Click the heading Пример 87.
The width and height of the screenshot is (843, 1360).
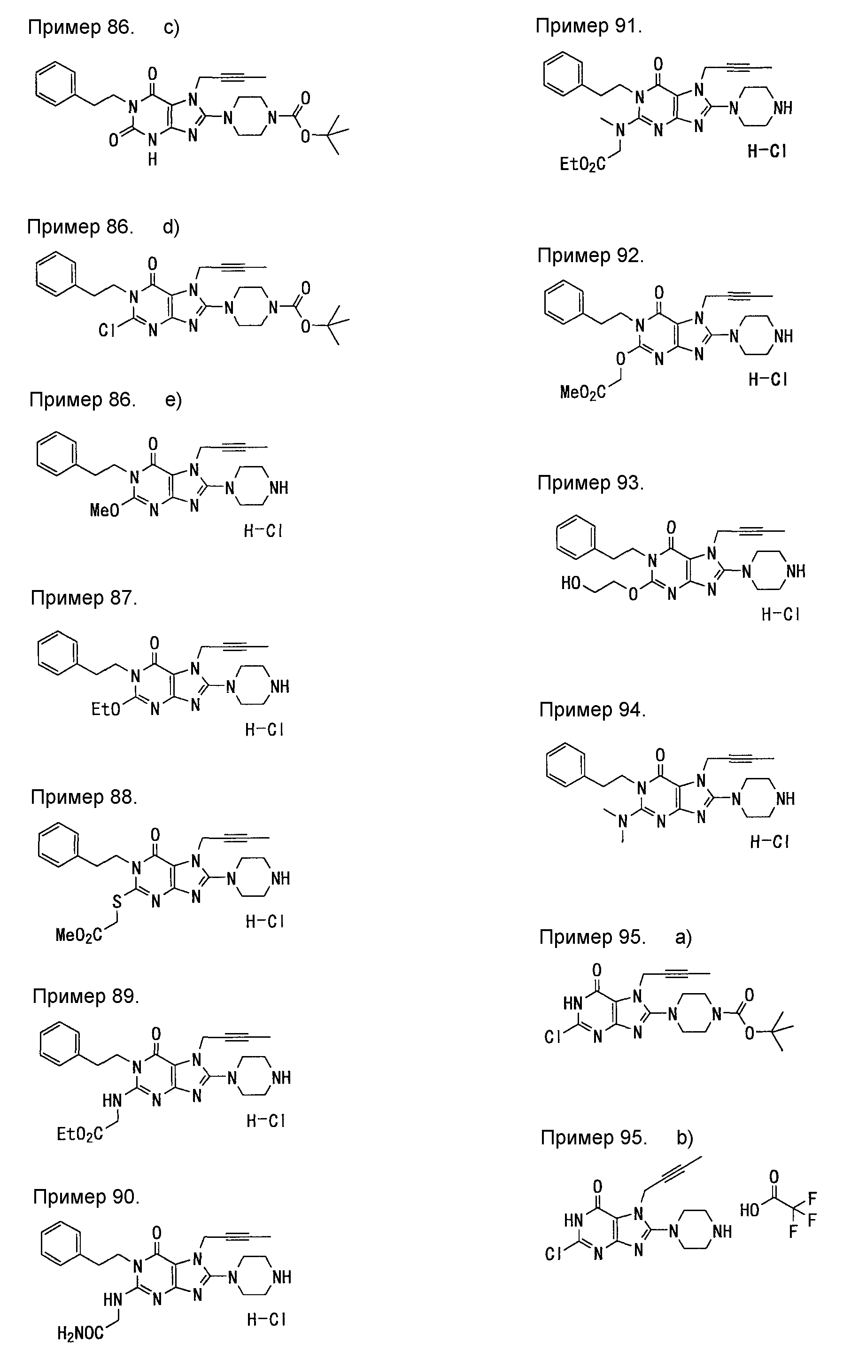(84, 598)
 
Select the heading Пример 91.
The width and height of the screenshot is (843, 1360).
(589, 26)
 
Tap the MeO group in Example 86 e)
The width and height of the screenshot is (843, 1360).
(105, 510)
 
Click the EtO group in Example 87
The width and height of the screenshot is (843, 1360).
(106, 709)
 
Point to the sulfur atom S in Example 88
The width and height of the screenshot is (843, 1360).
(116, 901)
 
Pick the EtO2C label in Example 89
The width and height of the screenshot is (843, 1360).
(80, 1134)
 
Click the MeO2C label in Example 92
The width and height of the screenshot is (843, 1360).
(583, 393)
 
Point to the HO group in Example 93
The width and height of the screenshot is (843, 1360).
(571, 583)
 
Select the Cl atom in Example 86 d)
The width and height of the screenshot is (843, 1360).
(107, 330)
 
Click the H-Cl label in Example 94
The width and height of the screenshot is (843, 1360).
(769, 841)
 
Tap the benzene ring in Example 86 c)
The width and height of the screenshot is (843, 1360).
(56, 84)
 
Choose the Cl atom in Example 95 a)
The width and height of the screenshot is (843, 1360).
(552, 1037)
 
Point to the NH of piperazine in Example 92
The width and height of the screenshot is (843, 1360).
(783, 336)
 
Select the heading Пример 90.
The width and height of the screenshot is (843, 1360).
(86, 1197)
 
